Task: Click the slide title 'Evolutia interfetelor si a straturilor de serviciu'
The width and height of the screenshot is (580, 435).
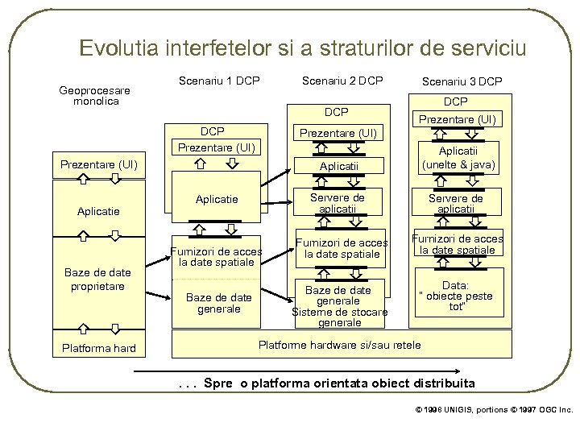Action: [x=302, y=48]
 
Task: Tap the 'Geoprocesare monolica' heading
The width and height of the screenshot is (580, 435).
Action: [x=95, y=96]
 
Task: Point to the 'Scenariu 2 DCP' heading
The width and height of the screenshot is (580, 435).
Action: [x=342, y=81]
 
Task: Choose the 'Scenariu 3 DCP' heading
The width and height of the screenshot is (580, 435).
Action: [x=462, y=81]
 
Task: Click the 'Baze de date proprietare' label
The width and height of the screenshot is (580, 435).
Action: [x=95, y=280]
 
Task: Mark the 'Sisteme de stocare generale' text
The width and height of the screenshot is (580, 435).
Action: [x=340, y=317]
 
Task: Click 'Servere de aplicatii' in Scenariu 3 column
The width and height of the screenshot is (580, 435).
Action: [x=455, y=203]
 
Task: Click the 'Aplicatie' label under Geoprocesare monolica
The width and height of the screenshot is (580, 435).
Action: [x=95, y=211]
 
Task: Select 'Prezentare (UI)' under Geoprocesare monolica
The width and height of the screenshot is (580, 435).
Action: [x=95, y=165]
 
